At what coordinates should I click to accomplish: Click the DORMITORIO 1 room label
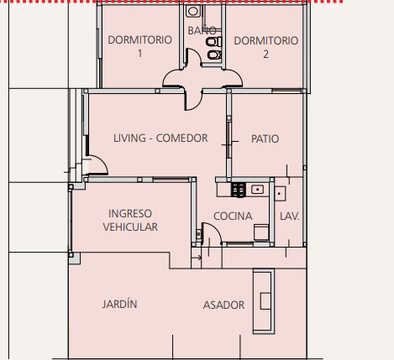click(x=139, y=46)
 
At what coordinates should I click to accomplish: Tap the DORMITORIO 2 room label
click(x=265, y=47)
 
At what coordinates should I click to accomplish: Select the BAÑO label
click(x=202, y=30)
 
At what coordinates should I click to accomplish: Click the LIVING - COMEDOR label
click(x=160, y=138)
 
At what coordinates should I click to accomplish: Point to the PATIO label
click(x=265, y=139)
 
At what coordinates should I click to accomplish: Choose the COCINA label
click(x=233, y=217)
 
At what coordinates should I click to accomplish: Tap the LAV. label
click(x=290, y=217)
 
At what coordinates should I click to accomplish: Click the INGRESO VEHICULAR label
click(x=130, y=220)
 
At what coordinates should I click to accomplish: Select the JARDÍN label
click(x=119, y=304)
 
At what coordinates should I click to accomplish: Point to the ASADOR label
click(x=223, y=305)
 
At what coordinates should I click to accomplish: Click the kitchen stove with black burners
click(x=239, y=190)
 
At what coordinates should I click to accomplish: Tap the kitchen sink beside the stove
click(x=257, y=190)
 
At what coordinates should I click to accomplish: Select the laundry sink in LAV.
click(x=280, y=193)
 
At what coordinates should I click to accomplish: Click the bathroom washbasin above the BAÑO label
click(x=193, y=11)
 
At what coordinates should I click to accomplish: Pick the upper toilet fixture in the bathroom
click(x=214, y=42)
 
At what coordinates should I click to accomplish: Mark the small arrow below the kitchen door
click(x=197, y=258)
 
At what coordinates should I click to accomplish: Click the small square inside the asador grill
click(x=265, y=301)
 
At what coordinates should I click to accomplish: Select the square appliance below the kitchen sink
click(x=261, y=232)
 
